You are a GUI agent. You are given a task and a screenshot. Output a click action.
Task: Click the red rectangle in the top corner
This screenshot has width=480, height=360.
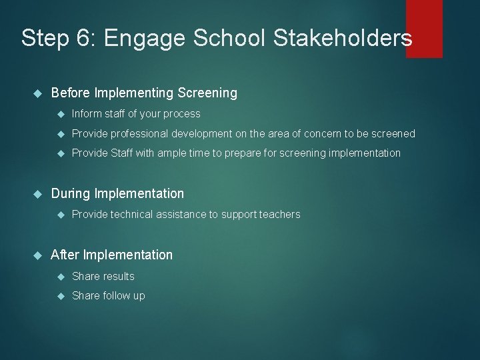[424, 28]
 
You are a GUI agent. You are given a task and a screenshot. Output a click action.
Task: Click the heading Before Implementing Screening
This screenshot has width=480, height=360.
[144, 93]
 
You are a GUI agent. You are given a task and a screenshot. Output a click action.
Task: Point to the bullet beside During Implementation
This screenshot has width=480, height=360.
[37, 194]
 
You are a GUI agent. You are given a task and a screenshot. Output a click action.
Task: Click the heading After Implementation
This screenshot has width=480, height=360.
[111, 255]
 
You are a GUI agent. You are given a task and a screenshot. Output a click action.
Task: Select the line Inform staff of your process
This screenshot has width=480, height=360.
[136, 113]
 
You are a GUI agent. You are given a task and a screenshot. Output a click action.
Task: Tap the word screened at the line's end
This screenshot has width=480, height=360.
[393, 133]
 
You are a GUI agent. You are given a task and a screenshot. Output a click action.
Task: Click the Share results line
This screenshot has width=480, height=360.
[103, 276]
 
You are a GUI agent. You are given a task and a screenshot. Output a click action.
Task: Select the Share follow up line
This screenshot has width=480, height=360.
[108, 295]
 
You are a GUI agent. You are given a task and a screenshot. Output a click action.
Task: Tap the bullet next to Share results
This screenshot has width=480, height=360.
[61, 277]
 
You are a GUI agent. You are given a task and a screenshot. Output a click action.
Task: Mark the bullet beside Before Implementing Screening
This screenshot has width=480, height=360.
[37, 93]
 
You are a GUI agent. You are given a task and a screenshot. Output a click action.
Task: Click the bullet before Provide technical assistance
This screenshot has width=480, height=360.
[61, 215]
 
